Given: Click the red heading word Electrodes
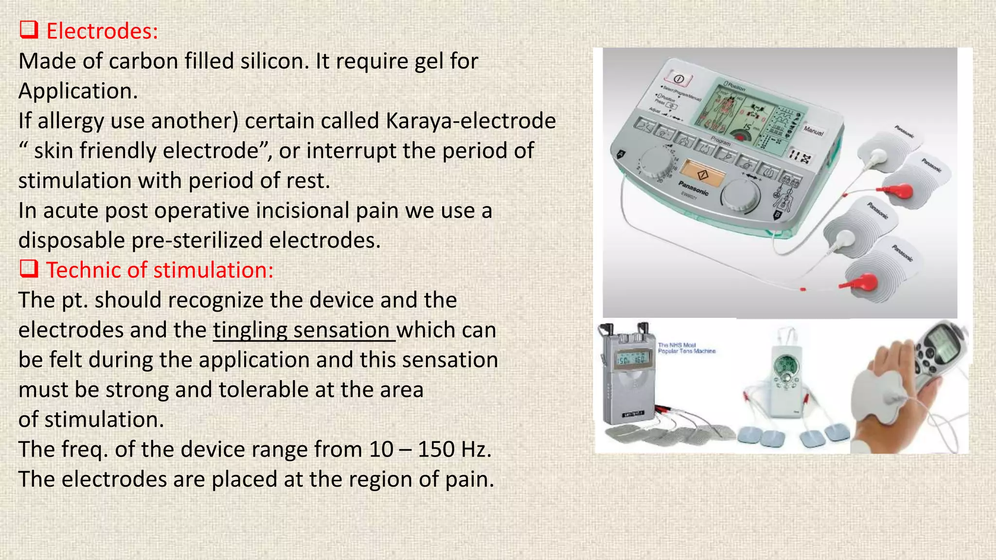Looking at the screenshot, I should coord(102,32).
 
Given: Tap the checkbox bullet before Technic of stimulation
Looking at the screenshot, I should coord(29,269).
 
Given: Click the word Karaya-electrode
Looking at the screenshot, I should coord(471,121).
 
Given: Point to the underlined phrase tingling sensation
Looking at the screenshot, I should coord(304,330).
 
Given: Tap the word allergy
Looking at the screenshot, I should coord(71,121).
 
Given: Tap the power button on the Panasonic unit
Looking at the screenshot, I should coord(679,79).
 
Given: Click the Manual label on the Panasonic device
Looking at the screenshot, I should coord(813,131).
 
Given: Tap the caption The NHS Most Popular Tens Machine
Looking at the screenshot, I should coord(686,348).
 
